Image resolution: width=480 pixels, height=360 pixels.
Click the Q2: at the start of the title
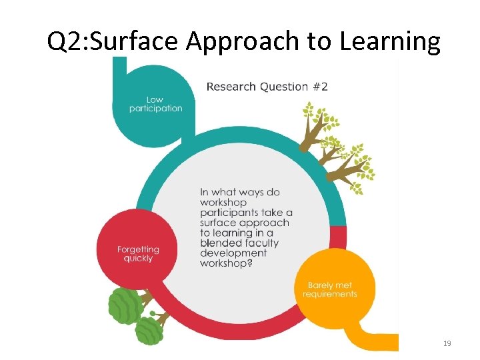(x=66, y=41)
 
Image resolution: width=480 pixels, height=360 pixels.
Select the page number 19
(x=447, y=343)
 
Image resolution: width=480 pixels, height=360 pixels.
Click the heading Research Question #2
(x=267, y=86)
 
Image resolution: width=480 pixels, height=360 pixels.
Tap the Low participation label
(x=155, y=104)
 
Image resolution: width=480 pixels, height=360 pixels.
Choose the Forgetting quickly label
(x=138, y=254)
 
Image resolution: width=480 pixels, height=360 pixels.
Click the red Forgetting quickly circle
(x=138, y=237)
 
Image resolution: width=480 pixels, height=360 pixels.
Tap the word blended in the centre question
(x=219, y=243)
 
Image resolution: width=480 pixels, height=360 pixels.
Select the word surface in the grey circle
(x=219, y=223)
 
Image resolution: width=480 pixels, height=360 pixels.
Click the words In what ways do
(x=240, y=192)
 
